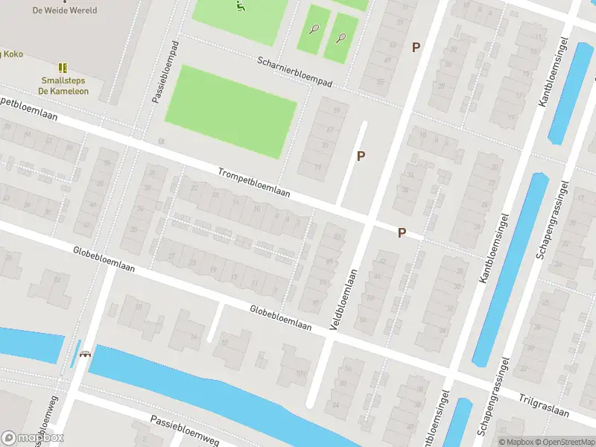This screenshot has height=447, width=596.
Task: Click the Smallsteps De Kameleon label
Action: point(63,86)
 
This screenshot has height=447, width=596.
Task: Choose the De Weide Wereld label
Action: point(65,10)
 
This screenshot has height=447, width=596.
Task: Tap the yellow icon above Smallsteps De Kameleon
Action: point(63,67)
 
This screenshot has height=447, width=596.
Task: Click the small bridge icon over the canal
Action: point(86,354)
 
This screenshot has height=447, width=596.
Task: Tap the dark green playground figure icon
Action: point(241,7)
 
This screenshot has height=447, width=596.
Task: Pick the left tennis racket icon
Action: point(314,30)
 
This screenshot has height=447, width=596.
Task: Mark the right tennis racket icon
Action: point(341,37)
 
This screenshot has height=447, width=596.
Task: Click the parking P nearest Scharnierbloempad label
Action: point(416,47)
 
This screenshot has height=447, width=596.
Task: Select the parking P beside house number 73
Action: point(361,156)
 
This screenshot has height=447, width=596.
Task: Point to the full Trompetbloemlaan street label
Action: point(254,183)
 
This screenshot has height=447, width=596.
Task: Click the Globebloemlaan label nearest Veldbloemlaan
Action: point(280,317)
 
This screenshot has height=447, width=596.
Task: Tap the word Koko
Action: point(13,54)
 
